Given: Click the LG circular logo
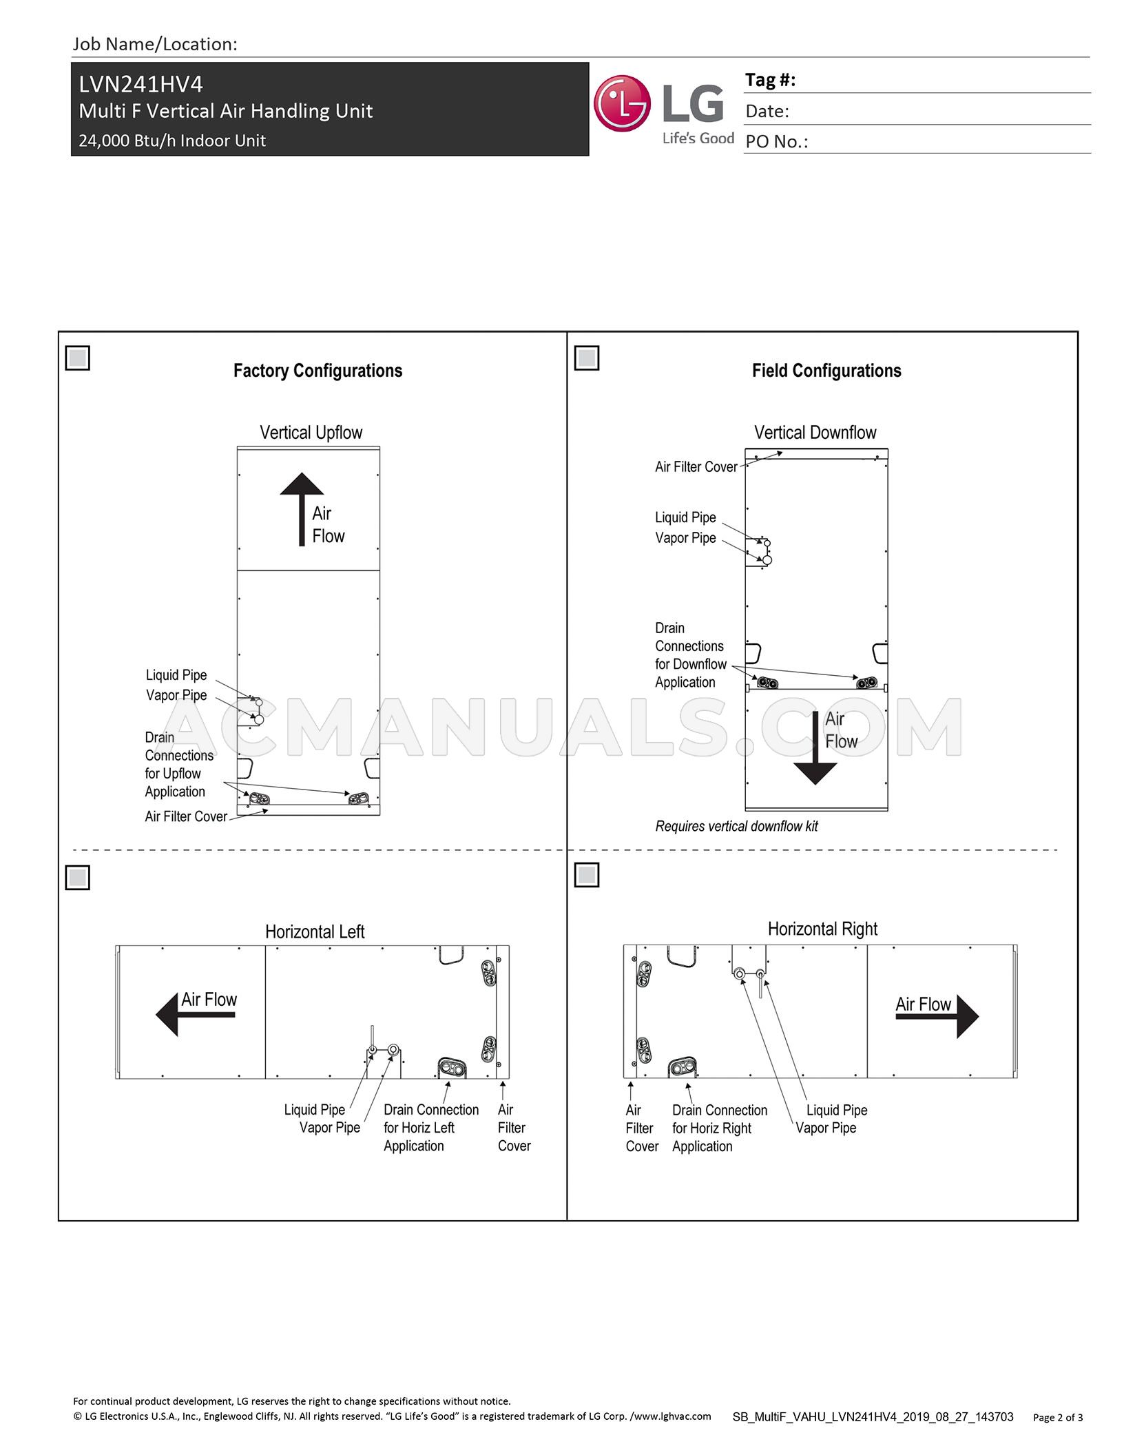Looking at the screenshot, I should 622,104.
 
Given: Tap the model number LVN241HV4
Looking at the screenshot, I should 141,84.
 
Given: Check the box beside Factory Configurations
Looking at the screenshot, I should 78,358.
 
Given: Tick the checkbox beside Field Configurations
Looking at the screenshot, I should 587,358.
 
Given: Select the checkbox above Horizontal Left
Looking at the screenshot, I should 78,878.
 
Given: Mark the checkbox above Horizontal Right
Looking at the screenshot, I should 587,875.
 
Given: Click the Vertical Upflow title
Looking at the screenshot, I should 311,433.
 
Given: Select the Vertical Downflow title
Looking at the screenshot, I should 815,433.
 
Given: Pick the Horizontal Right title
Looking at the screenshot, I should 822,929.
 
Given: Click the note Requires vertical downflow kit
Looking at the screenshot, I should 736,826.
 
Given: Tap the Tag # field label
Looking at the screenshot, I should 770,80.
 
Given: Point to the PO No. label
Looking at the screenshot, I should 776,142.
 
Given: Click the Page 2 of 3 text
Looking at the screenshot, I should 1057,1417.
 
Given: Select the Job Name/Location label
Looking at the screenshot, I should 155,44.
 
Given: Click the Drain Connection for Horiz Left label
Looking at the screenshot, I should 430,1128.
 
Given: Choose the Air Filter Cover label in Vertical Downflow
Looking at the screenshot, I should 696,467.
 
